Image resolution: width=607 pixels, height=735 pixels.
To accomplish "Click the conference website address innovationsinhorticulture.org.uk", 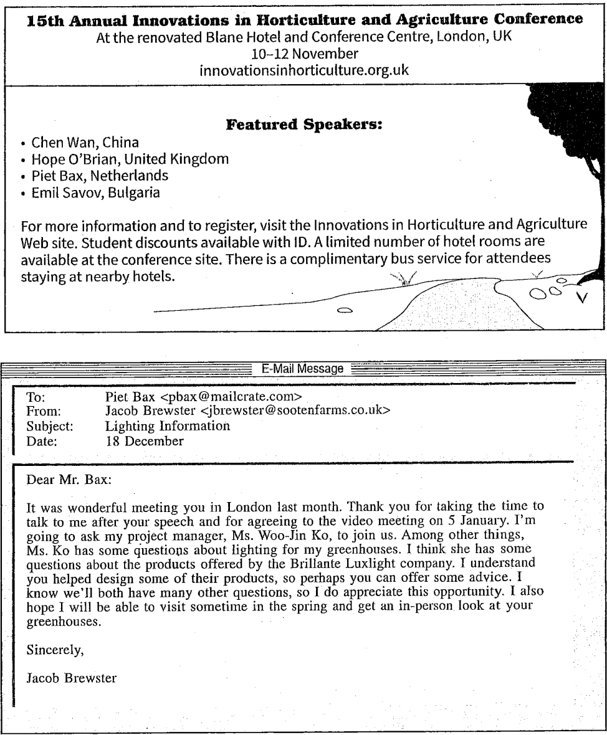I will [303, 70].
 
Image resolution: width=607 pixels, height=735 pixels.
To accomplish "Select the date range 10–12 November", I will [303, 54].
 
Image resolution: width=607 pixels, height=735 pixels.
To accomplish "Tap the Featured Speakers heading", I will [303, 126].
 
